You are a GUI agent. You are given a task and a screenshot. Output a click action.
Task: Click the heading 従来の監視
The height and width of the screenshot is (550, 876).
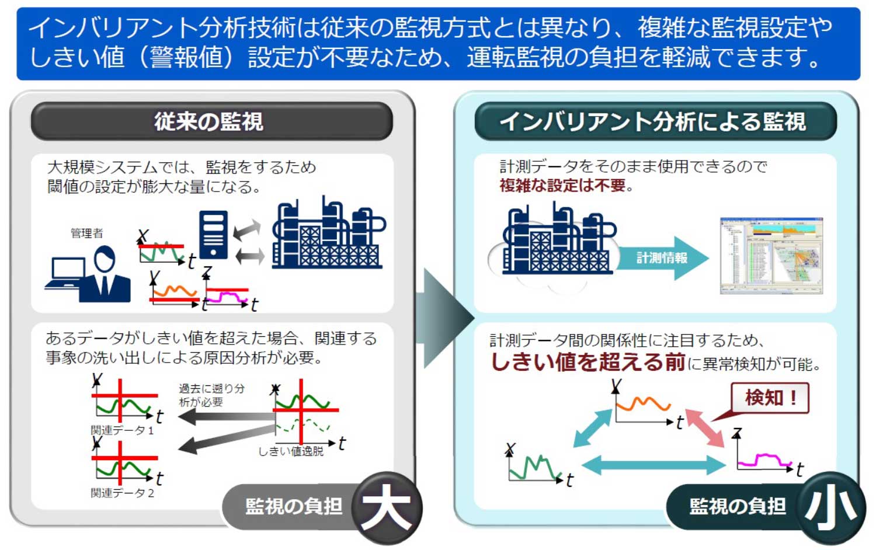[x=209, y=121]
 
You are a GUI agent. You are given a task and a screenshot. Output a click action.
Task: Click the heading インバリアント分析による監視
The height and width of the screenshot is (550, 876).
[x=653, y=121]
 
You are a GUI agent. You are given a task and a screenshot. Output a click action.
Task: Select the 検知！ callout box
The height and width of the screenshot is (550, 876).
[x=770, y=398]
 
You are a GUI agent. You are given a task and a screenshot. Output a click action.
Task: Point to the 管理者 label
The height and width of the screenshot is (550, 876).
[x=86, y=233]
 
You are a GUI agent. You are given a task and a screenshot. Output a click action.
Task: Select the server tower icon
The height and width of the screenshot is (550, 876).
[x=213, y=234]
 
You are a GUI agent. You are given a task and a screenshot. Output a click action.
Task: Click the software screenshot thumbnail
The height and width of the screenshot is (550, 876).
[x=771, y=255]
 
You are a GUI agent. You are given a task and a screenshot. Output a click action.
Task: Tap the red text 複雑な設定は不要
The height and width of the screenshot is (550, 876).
[x=562, y=186]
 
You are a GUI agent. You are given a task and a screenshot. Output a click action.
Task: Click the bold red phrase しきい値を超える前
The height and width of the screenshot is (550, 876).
[x=588, y=362]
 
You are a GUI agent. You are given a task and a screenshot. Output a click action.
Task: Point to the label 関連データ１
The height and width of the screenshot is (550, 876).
[x=122, y=430]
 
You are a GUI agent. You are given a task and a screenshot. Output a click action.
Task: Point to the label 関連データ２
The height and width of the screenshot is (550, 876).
[x=122, y=493]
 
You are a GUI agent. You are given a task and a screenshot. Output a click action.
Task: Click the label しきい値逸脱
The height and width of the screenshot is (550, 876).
[x=291, y=451]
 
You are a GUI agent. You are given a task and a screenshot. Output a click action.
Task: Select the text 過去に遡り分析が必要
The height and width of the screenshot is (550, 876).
[x=211, y=395]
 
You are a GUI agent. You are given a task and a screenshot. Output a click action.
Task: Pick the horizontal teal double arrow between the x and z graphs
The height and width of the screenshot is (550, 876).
[x=653, y=465]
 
